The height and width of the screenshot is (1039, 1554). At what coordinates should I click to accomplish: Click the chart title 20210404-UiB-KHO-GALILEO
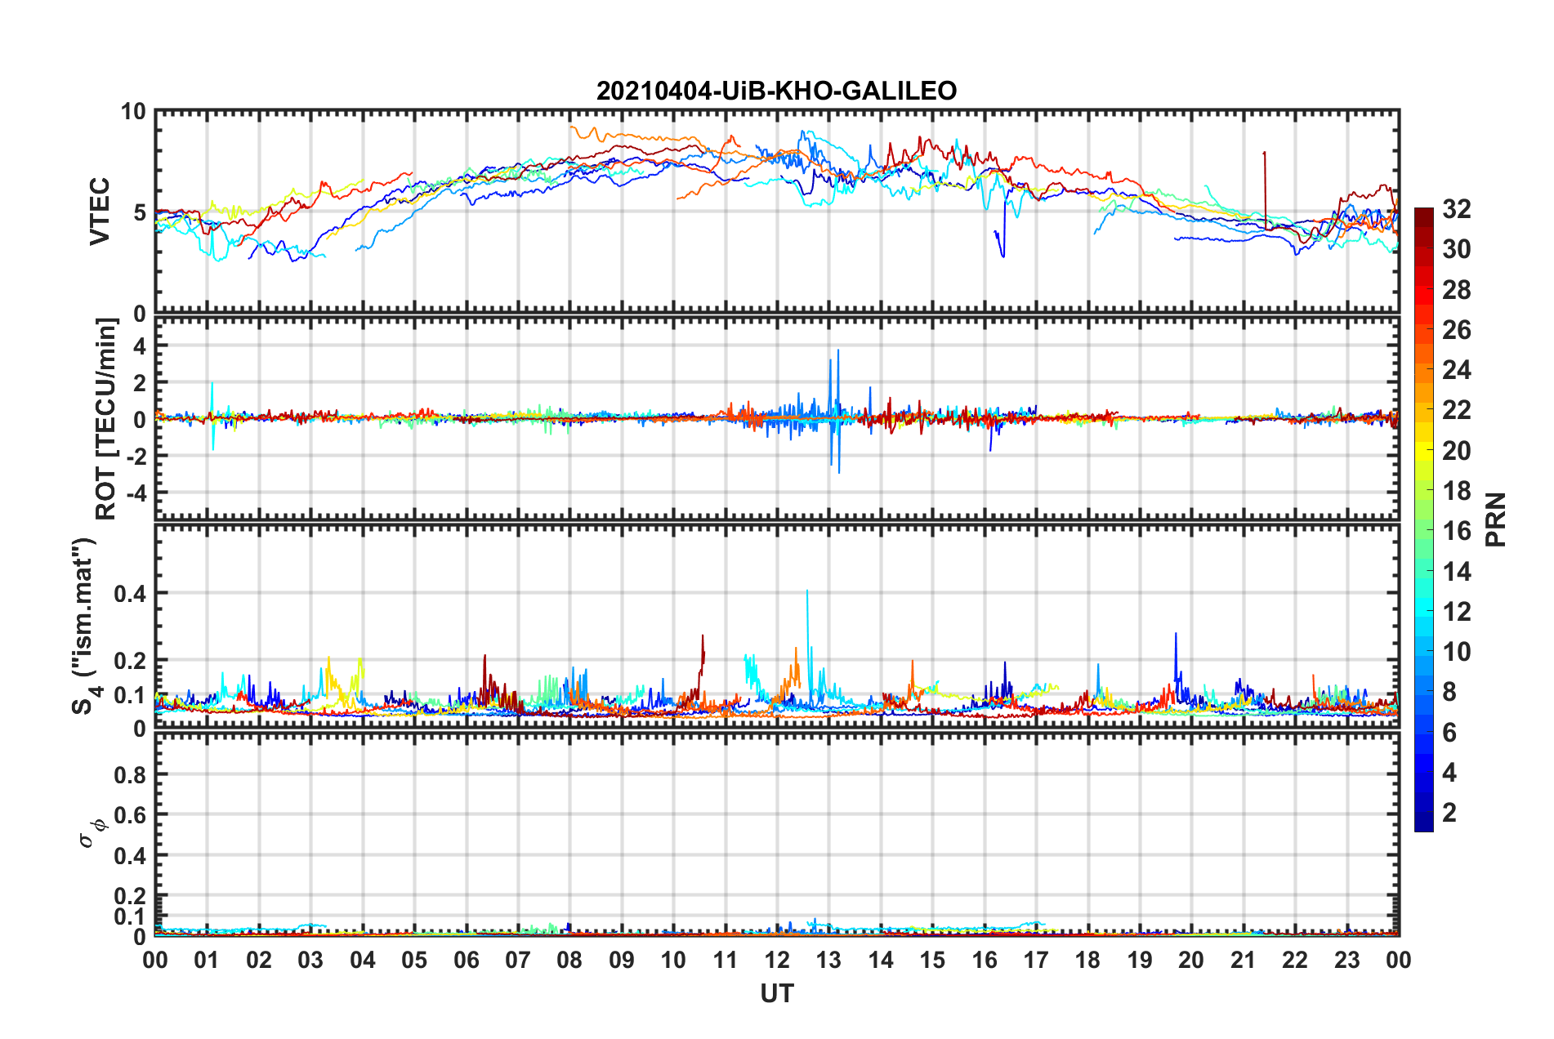[x=776, y=91]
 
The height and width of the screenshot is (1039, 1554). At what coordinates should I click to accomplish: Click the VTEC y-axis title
[x=100, y=211]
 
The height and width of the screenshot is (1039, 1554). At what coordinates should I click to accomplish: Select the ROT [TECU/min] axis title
[x=106, y=418]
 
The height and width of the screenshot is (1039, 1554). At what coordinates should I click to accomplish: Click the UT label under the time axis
[x=776, y=994]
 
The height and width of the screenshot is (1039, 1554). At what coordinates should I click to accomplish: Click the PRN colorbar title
[x=1496, y=519]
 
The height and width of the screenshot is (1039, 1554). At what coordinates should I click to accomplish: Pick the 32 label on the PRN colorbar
[x=1456, y=210]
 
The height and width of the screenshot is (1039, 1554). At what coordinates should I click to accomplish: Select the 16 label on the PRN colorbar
[x=1456, y=531]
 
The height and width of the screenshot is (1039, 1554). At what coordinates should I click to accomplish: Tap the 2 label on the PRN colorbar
[x=1449, y=813]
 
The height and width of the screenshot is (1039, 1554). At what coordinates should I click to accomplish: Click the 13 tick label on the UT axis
[x=828, y=960]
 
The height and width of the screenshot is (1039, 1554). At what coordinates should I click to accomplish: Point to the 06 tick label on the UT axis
[x=466, y=960]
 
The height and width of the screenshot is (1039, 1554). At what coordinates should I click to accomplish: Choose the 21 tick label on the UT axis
[x=1243, y=960]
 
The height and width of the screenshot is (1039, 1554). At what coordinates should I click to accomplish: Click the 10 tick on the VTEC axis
[x=133, y=112]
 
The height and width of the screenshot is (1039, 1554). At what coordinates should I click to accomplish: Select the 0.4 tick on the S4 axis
[x=130, y=594]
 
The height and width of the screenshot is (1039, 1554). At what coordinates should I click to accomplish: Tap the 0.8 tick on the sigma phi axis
[x=130, y=774]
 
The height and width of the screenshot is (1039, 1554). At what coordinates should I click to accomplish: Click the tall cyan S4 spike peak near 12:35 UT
[x=807, y=591]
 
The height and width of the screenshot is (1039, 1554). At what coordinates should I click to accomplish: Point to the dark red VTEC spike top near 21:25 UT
[x=1264, y=153]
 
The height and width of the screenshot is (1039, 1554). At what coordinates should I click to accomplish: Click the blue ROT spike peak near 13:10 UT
[x=837, y=350]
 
